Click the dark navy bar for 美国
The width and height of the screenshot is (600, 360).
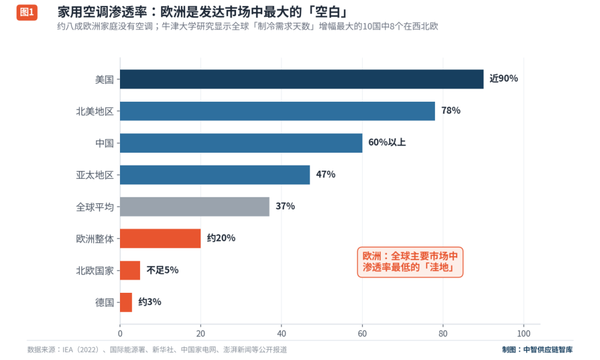[x=302, y=79]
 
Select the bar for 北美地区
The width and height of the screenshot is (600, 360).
[x=277, y=111]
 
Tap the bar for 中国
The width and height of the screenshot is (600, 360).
[x=241, y=143]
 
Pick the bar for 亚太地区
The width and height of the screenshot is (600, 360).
[x=215, y=175]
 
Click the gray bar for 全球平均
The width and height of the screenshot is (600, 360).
[x=195, y=207]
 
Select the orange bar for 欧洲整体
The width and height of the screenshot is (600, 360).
[x=161, y=238]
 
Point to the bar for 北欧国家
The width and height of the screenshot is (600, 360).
[x=130, y=271]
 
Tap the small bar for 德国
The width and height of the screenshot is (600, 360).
[x=126, y=302]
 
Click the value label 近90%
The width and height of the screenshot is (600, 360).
[x=503, y=78]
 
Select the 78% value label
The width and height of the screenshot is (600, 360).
[x=451, y=111]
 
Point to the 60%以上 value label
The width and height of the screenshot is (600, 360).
[x=387, y=142]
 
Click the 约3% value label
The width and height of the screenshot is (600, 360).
[x=149, y=302]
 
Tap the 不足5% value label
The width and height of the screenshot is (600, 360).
[x=162, y=270]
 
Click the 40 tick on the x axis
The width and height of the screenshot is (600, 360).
[x=281, y=333]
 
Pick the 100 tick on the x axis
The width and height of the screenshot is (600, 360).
[x=523, y=333]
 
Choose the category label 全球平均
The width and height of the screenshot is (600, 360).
[x=95, y=207]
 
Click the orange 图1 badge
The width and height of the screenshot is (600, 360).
[x=27, y=12]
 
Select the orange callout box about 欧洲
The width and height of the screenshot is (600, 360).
[x=410, y=262]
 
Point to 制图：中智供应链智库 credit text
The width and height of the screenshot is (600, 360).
[x=537, y=349]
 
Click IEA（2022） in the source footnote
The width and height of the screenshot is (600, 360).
[x=81, y=349]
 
